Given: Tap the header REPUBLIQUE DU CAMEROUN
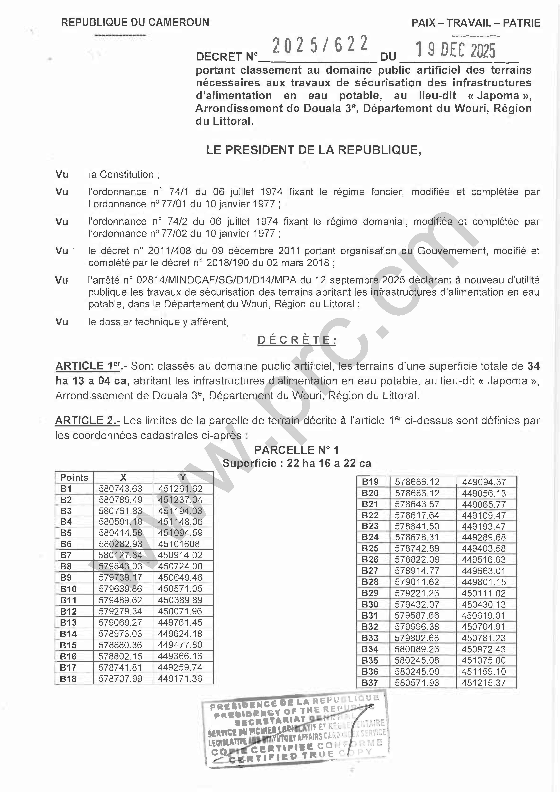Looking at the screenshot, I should coord(135,22).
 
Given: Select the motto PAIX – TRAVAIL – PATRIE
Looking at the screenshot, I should coord(476,23).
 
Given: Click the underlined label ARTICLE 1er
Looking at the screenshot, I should coord(88,366).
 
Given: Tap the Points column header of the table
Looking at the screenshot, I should coord(74,477).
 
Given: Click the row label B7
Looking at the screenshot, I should coord(66,555).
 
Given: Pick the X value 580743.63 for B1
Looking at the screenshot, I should coord(120,489).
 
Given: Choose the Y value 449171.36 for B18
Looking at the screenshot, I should coord(180,678).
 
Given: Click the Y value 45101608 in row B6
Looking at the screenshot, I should coord(179,544).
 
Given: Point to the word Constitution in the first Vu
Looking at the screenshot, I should coord(127,175).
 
